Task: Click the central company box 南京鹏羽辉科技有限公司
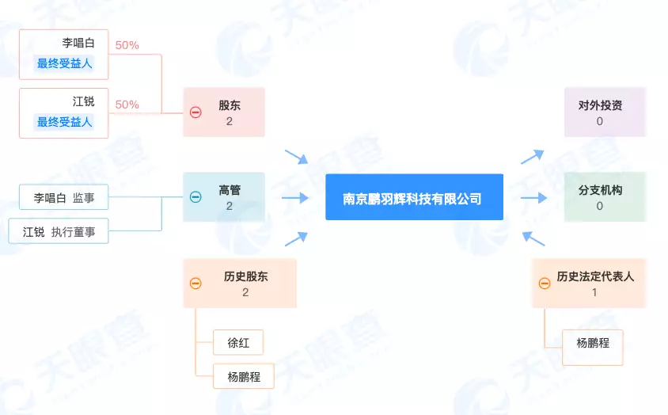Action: click(414, 197)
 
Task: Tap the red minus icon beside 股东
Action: click(195, 112)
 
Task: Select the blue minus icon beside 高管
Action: click(195, 197)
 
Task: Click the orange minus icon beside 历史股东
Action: click(195, 284)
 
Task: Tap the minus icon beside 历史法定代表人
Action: click(545, 284)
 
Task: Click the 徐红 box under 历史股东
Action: click(238, 343)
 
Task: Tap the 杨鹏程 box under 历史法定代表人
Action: click(592, 343)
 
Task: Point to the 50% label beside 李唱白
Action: click(127, 45)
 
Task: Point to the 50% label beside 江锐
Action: click(127, 105)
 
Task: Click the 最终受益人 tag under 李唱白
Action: click(64, 63)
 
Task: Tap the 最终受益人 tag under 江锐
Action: click(64, 122)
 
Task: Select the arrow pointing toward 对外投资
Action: click(533, 156)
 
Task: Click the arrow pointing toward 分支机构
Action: click(533, 197)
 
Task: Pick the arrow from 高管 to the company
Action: click(295, 197)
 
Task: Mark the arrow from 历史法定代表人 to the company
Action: click(533, 238)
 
